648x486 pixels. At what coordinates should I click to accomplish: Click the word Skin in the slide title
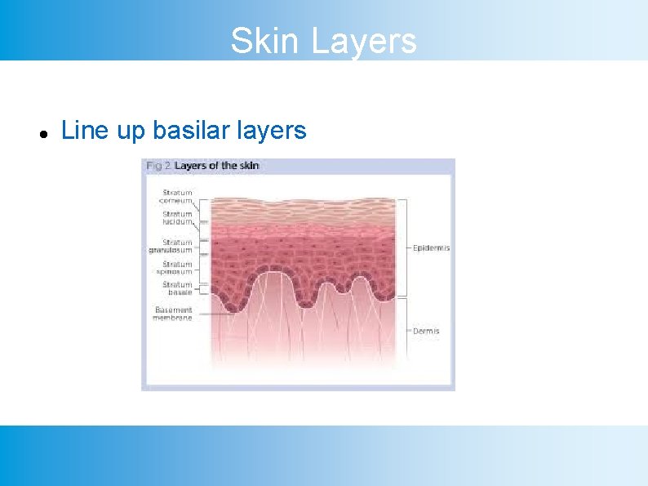[x=261, y=41]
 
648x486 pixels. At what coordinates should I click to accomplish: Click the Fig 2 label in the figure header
[x=158, y=166]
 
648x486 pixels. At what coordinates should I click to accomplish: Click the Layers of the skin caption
[x=217, y=166]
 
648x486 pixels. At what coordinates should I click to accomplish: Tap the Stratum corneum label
[x=175, y=197]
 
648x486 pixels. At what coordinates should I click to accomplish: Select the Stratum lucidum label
[x=176, y=218]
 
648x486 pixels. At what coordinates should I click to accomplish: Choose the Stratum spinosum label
[x=175, y=268]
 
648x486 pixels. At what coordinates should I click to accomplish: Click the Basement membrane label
[x=173, y=314]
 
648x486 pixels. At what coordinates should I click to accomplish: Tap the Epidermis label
[x=431, y=247]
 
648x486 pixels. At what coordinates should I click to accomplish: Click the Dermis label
[x=426, y=331]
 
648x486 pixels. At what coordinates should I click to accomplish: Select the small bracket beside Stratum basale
[x=203, y=288]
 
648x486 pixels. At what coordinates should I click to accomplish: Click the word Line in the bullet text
[x=78, y=131]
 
